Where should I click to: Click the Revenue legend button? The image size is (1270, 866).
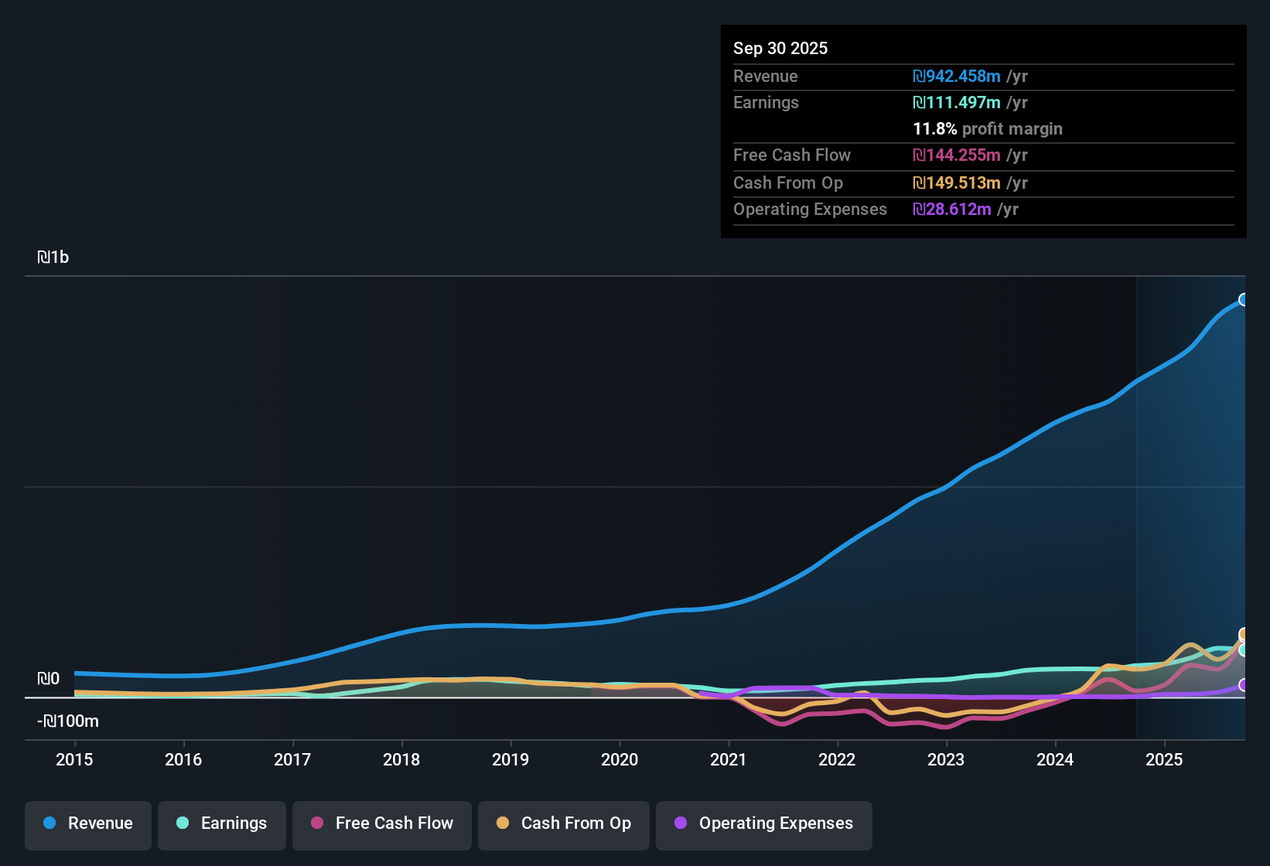88,823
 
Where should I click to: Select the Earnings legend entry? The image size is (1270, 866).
222,823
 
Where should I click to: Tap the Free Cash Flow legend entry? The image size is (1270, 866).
382,823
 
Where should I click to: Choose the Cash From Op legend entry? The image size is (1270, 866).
564,823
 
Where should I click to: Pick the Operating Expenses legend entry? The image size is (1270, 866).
764,823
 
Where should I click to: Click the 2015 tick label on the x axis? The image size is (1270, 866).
74,759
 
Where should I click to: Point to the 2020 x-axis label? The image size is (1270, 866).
620,759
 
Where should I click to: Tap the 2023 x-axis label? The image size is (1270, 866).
946,759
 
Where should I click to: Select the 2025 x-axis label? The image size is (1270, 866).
1164,759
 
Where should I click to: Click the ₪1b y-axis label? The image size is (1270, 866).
53,257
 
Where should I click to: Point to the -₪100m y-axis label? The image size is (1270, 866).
68,721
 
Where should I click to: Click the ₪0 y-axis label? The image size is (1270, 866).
48,679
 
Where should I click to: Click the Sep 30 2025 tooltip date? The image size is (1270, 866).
780,48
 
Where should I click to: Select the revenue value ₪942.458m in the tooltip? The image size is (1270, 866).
957,76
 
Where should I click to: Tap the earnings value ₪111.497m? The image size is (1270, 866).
957,102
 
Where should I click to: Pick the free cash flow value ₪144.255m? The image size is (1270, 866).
957,155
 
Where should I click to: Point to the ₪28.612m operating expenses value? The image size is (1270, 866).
952,209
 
